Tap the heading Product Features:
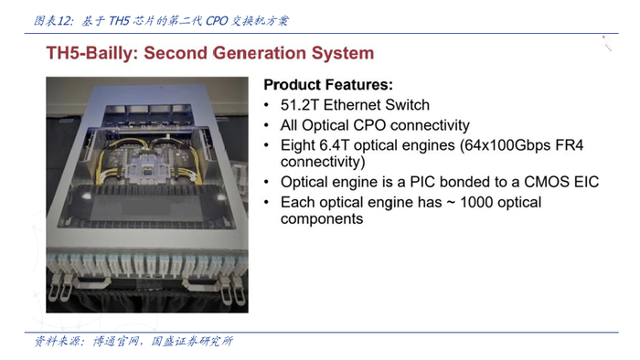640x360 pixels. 328,85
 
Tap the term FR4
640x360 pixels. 571,145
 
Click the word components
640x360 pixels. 322,219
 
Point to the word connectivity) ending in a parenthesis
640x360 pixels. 323,162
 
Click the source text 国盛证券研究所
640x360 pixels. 192,341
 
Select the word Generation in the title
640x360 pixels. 259,53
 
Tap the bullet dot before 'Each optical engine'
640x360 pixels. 267,202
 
